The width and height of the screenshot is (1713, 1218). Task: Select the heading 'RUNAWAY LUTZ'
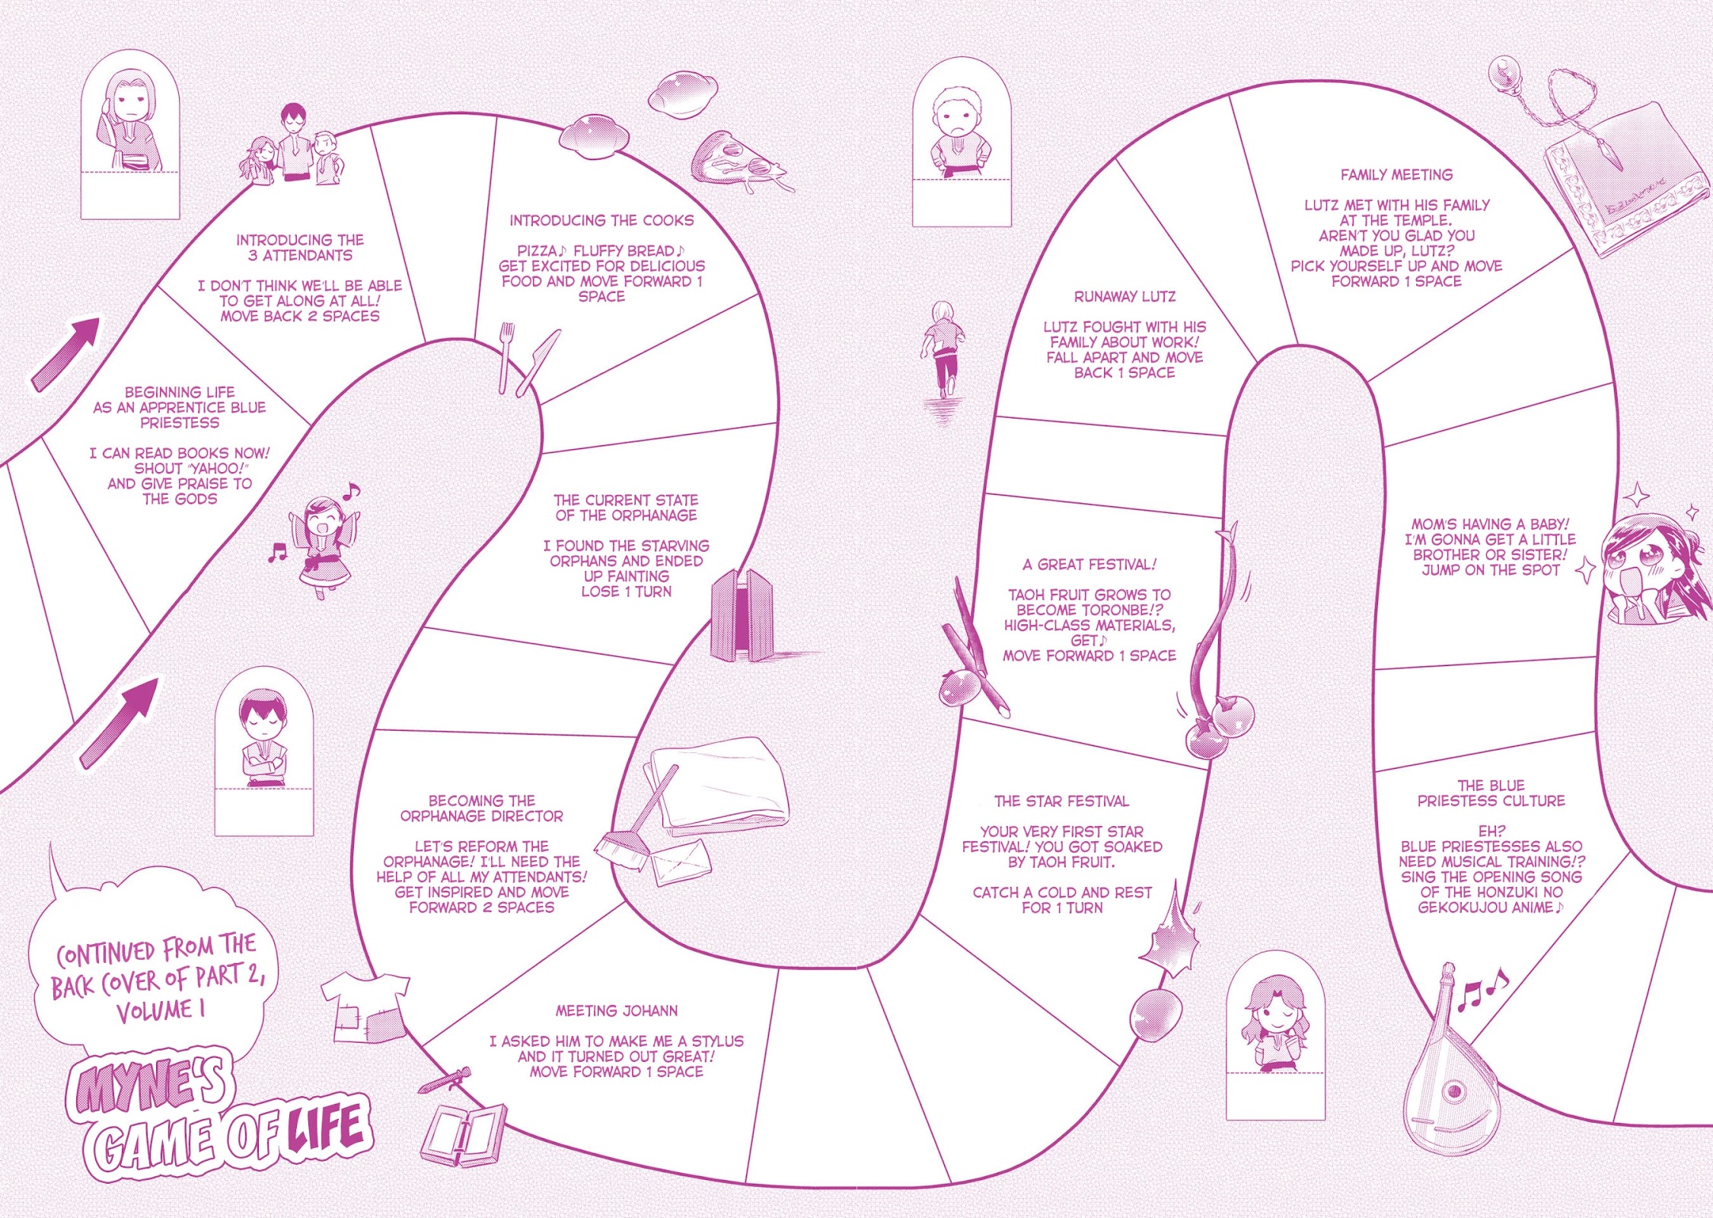[x=1124, y=296]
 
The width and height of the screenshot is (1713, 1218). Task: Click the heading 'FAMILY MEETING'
[x=1396, y=174]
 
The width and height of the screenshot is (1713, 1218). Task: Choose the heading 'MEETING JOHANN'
[x=616, y=1010]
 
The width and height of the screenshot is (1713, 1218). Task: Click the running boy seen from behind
[x=942, y=349]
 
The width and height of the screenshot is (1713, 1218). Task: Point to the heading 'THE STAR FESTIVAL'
[x=1061, y=801]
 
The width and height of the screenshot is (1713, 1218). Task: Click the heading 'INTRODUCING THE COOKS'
[x=601, y=220]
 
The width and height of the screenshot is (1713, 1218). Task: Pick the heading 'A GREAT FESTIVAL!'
[x=1089, y=564]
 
